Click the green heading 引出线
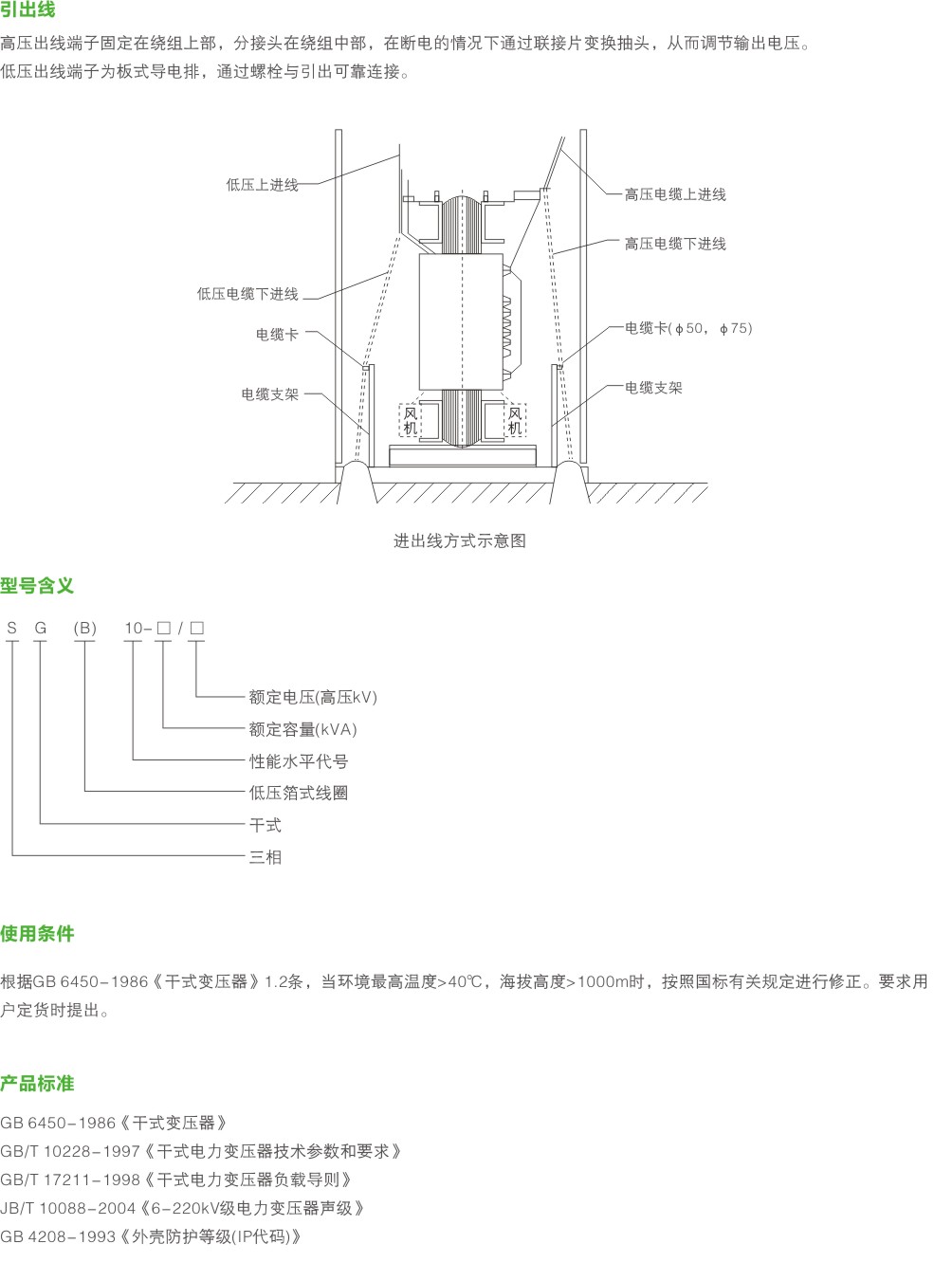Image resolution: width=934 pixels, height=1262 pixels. pyautogui.click(x=27, y=9)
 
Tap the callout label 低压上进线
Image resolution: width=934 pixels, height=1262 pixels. pyautogui.click(x=262, y=185)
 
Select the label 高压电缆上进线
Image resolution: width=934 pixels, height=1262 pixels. pyautogui.click(x=675, y=194)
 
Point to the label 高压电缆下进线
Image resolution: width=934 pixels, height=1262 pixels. pyautogui.click(x=675, y=244)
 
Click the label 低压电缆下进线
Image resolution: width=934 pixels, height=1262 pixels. pyautogui.click(x=247, y=294)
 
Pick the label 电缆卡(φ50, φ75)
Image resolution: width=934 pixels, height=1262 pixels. pyautogui.click(x=688, y=328)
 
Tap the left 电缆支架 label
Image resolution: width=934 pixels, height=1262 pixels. pyautogui.click(x=270, y=394)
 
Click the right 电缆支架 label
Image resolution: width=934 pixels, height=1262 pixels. pyautogui.click(x=653, y=388)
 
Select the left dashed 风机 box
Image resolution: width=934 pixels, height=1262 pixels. pyautogui.click(x=410, y=420)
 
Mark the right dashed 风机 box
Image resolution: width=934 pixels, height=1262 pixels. pyautogui.click(x=515, y=420)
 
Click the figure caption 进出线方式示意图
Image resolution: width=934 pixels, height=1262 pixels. pyautogui.click(x=459, y=540)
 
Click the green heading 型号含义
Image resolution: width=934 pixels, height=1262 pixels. pyautogui.click(x=37, y=585)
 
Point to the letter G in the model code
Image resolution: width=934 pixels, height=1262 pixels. pyautogui.click(x=41, y=628)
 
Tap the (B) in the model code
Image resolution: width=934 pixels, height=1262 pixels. pyautogui.click(x=84, y=628)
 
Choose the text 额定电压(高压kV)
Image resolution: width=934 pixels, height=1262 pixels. pyautogui.click(x=313, y=697)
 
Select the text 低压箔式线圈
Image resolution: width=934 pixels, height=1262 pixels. pyautogui.click(x=299, y=793)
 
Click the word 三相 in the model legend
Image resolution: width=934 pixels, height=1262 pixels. pyautogui.click(x=266, y=857)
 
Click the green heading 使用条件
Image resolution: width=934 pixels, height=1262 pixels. pyautogui.click(x=37, y=934)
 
